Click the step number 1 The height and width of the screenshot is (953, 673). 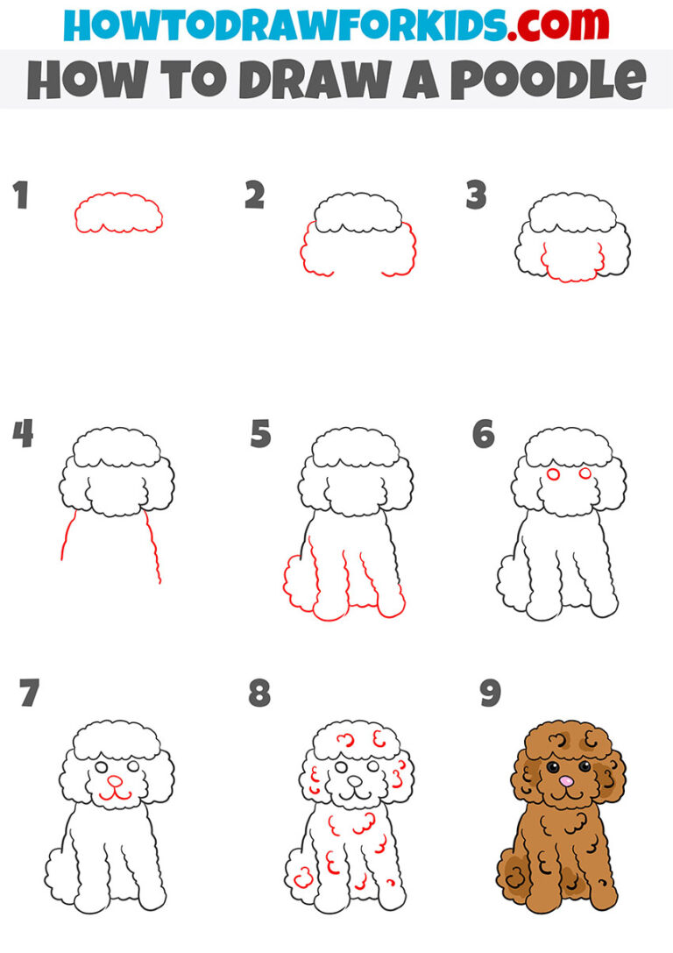(x=20, y=196)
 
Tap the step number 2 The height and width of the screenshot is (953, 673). (x=254, y=196)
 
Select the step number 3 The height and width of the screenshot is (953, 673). (x=476, y=196)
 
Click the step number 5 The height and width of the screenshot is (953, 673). (x=259, y=434)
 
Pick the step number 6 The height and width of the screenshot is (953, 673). (x=483, y=434)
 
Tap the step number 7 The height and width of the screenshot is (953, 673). (x=29, y=693)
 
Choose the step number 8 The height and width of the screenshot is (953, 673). (x=259, y=693)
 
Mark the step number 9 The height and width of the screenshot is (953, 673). (x=490, y=693)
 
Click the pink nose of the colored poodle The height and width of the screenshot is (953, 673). (x=568, y=779)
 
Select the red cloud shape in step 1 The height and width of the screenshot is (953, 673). (x=119, y=213)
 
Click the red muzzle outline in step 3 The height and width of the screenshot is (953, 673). (x=572, y=263)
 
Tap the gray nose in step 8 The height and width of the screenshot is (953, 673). (x=353, y=779)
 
